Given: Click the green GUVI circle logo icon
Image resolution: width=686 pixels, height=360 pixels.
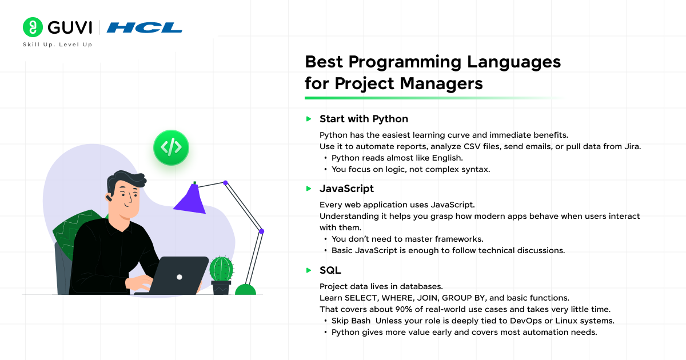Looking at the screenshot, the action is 33,27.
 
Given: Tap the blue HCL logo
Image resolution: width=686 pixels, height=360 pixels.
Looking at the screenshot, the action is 144,27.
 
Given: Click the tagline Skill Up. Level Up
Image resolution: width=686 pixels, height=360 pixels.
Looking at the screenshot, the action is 58,45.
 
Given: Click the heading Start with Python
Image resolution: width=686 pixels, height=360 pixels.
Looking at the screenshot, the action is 364,119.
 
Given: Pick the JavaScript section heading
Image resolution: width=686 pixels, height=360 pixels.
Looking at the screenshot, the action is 346,189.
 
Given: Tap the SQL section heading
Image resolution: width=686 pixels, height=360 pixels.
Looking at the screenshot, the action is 330,270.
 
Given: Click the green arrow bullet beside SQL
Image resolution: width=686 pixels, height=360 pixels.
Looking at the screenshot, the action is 309,270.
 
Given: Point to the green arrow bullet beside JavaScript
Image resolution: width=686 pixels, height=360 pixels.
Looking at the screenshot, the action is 309,189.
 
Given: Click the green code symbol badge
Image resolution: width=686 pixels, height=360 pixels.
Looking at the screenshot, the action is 171,147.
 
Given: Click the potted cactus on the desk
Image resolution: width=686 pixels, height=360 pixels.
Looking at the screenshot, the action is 221,275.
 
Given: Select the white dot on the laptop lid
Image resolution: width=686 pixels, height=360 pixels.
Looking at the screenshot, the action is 180,277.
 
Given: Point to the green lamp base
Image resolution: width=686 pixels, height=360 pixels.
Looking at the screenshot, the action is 245,290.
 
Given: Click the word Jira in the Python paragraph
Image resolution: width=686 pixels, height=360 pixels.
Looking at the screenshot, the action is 632,147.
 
